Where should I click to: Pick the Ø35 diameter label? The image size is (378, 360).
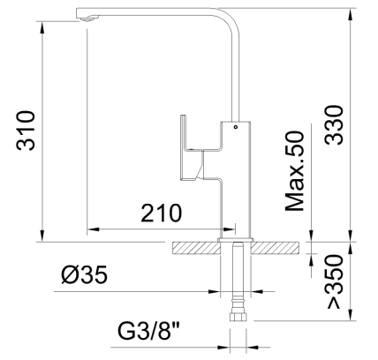[x=85, y=275]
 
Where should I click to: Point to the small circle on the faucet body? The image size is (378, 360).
[x=235, y=127]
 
